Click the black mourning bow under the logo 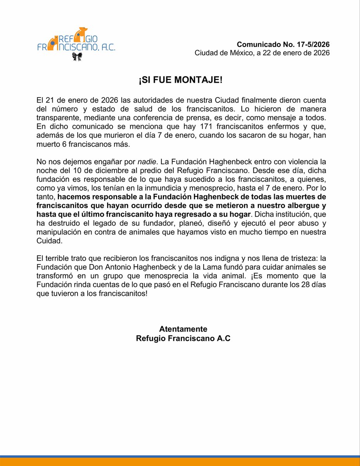coord(77,57)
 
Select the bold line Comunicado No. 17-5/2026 coord(283,44)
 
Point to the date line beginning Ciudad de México coord(262,53)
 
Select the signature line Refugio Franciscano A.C coord(183,338)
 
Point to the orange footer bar coord(180,462)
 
